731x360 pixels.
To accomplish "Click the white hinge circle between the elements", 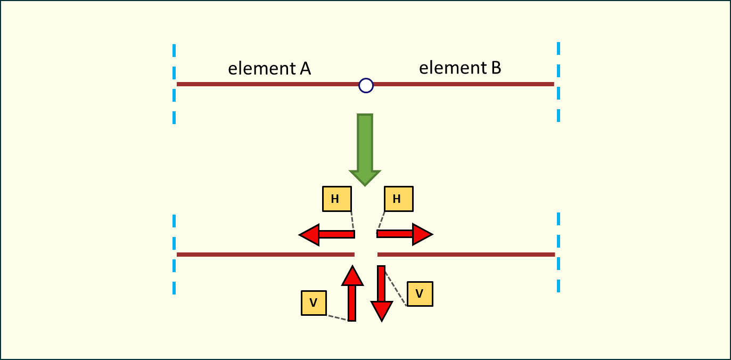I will [366, 85].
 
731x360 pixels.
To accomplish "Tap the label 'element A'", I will [269, 69].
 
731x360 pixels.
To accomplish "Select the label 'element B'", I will [460, 68].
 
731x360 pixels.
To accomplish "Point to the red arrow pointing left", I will [326, 234].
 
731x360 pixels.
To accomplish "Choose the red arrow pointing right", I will [405, 234].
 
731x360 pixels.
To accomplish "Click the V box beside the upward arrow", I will [314, 303].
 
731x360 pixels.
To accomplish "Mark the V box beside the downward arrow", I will [420, 293].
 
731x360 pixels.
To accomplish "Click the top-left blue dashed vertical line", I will [174, 84].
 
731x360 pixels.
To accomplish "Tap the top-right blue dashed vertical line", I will [558, 83].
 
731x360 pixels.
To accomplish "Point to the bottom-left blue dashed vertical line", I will [174, 255].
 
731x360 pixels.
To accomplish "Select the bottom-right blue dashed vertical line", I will [558, 253].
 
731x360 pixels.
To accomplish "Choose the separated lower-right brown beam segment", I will [466, 255].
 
